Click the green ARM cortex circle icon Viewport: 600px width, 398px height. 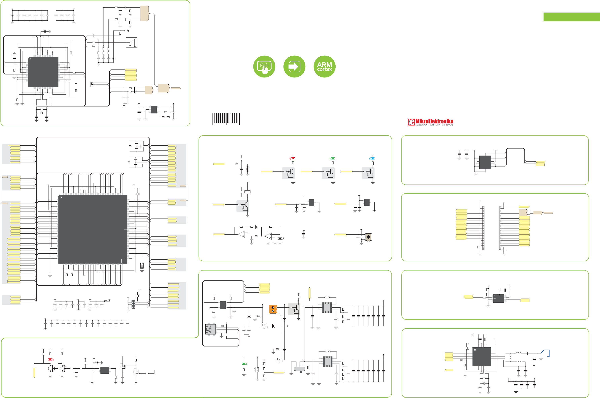tap(324, 67)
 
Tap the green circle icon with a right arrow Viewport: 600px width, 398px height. tap(294, 67)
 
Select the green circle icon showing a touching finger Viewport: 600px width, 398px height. tap(264, 67)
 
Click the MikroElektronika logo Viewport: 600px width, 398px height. tap(431, 122)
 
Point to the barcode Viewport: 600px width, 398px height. tap(226, 119)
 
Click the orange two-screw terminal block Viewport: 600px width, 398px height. tap(273, 309)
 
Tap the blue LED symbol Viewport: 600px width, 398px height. tap(372, 158)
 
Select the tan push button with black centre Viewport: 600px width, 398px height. tap(368, 237)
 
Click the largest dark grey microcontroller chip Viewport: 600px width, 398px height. tap(93, 229)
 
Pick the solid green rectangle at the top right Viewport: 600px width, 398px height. tap(572, 17)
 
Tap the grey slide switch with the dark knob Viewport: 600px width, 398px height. tap(300, 369)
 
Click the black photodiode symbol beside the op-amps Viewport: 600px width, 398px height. tap(280, 239)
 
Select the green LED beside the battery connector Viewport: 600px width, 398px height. tap(244, 364)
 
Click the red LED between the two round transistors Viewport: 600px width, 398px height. tap(50, 359)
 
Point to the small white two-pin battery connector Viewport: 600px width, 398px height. tap(257, 370)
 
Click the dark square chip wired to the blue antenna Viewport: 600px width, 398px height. tap(481, 356)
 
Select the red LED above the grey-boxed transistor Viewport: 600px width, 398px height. tap(293, 158)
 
